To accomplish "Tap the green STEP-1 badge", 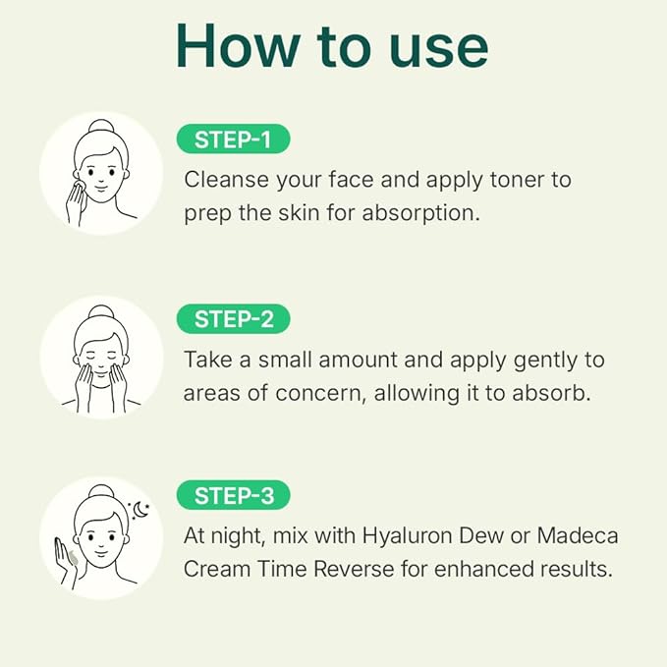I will [233, 139].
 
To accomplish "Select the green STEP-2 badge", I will [233, 319].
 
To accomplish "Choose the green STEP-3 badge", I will [233, 496].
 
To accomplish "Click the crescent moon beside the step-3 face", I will [140, 512].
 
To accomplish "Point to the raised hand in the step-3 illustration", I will [70, 560].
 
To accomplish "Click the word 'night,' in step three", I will [241, 536].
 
